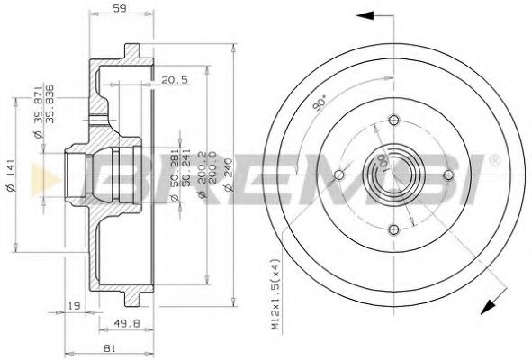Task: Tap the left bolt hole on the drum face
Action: coord(339,175)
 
